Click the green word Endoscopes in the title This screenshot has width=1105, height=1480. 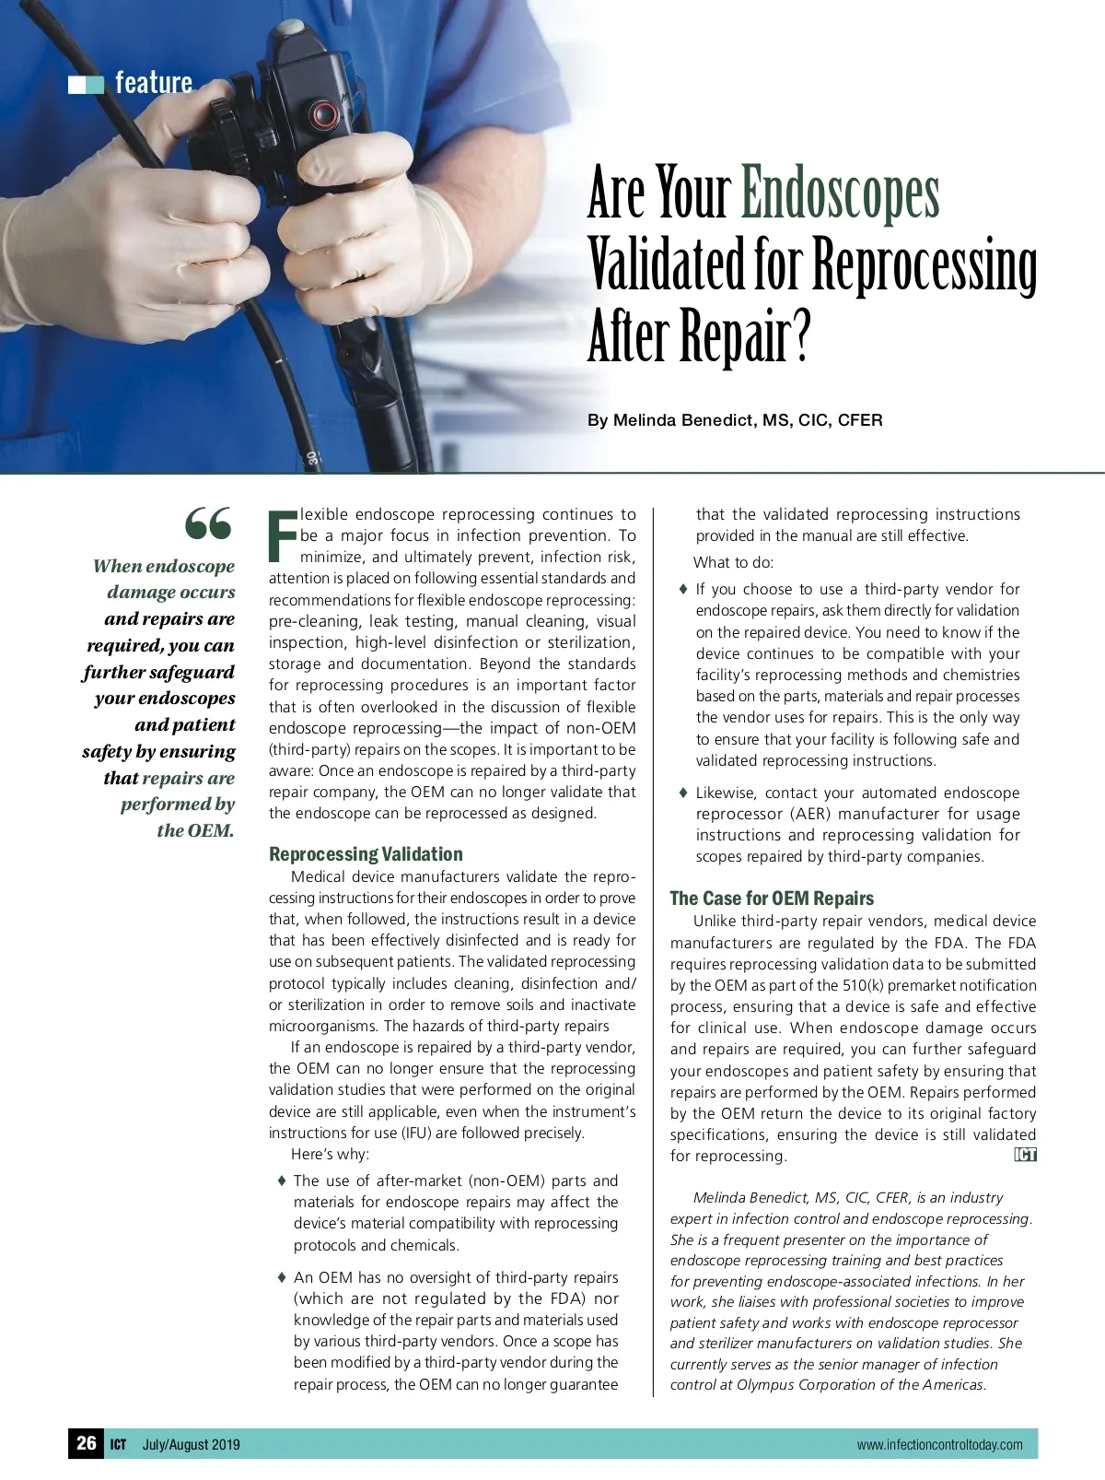click(x=839, y=195)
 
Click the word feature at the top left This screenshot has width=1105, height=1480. click(x=154, y=83)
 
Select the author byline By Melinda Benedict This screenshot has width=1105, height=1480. click(x=735, y=420)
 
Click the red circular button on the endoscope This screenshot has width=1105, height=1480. click(x=323, y=115)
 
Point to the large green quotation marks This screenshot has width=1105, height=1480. click(x=208, y=524)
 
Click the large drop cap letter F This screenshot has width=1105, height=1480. click(x=282, y=536)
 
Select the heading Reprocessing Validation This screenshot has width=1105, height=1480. click(x=366, y=853)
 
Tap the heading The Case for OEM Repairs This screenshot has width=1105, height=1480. click(x=772, y=898)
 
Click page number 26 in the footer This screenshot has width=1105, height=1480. click(x=87, y=1443)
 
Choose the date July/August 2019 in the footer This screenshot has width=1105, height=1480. click(x=191, y=1444)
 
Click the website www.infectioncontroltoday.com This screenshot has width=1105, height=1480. click(x=939, y=1444)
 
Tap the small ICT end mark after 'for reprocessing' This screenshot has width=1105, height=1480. click(x=1025, y=1155)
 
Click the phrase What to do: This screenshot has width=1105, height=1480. click(x=734, y=562)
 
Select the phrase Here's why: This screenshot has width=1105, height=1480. click(x=330, y=1154)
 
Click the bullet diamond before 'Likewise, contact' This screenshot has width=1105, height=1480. click(x=683, y=793)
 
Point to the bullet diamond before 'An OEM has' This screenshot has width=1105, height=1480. click(x=282, y=1277)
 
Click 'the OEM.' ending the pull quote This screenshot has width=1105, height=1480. click(x=195, y=830)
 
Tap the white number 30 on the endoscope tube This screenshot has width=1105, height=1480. click(x=313, y=457)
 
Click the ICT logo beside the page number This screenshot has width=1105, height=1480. click(x=119, y=1444)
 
